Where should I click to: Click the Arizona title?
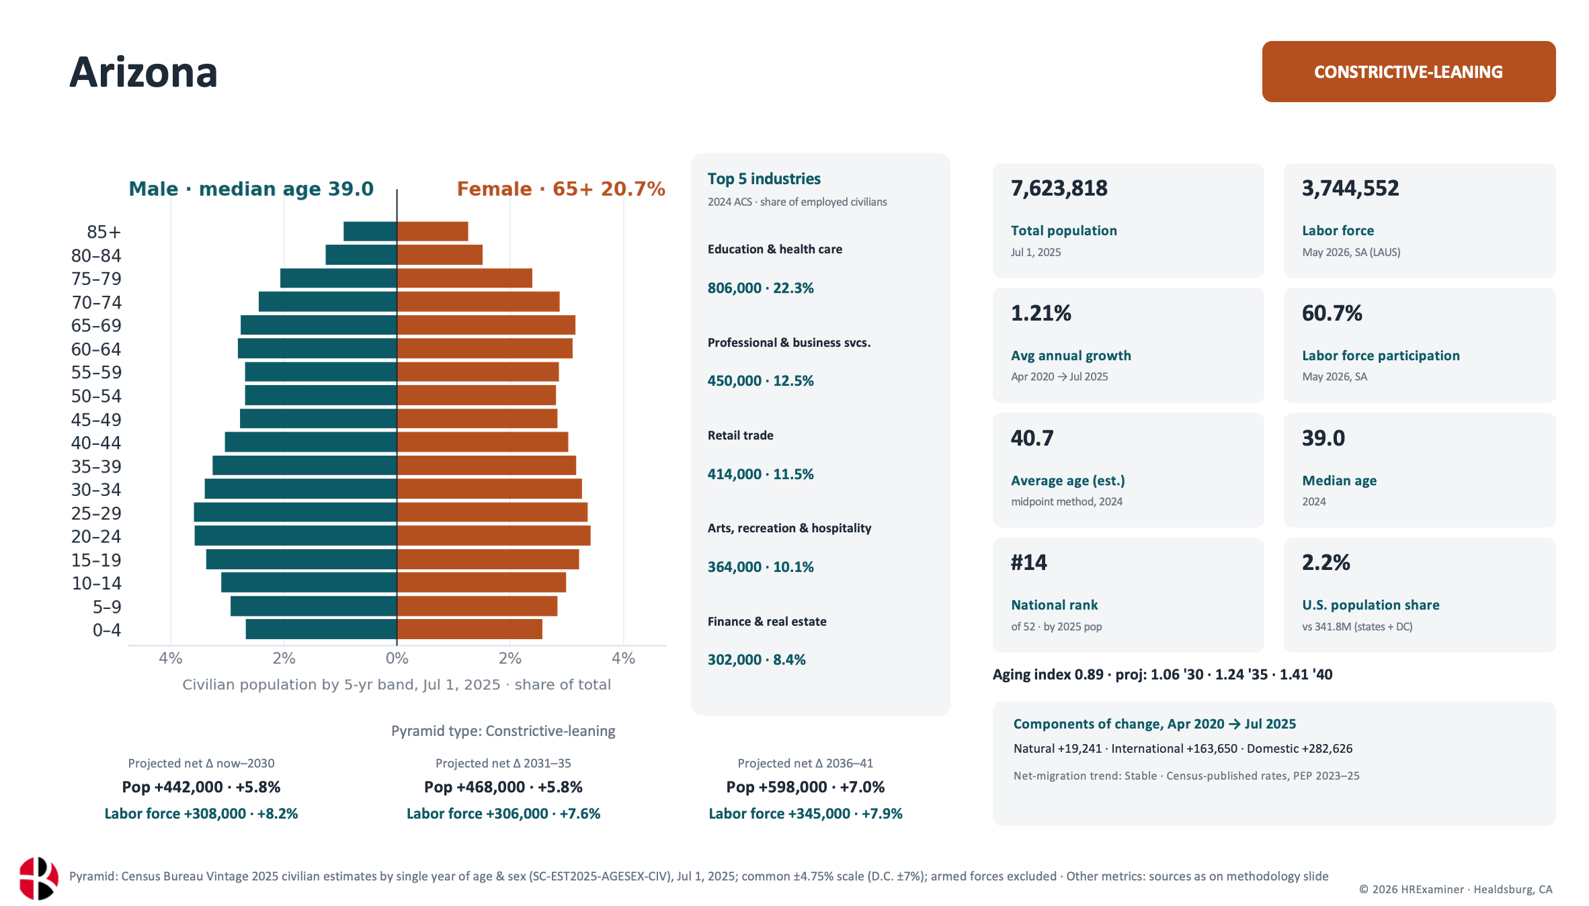click(x=144, y=73)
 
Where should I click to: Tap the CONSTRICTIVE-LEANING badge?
click(x=1409, y=72)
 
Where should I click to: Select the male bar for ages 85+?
click(x=370, y=231)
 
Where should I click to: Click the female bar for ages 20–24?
click(x=494, y=536)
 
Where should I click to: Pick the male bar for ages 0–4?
click(x=321, y=629)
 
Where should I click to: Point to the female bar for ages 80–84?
click(x=440, y=255)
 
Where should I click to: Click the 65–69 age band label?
click(x=96, y=326)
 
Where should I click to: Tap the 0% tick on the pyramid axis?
click(x=397, y=658)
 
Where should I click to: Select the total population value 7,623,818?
click(x=1059, y=188)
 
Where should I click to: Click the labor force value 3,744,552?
click(x=1350, y=188)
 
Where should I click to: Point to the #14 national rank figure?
click(x=1029, y=563)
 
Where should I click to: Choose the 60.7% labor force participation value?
click(x=1332, y=313)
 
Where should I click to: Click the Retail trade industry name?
click(x=741, y=436)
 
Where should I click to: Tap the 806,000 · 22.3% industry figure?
click(x=761, y=288)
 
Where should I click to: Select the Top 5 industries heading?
click(x=764, y=179)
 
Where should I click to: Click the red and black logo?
click(x=38, y=878)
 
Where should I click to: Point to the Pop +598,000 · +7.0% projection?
click(x=805, y=787)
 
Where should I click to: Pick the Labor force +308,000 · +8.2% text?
click(x=201, y=814)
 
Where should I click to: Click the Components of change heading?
click(x=1155, y=724)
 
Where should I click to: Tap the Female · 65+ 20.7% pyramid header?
click(x=561, y=189)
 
